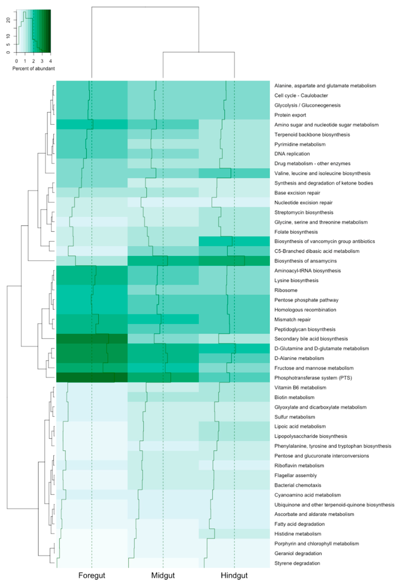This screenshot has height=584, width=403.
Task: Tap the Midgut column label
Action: point(163,575)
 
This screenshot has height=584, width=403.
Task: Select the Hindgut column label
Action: point(234,575)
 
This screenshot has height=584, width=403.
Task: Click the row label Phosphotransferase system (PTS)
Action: point(313,378)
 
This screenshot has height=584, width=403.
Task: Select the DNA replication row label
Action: point(292,154)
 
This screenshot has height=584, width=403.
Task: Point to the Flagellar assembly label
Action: point(295,476)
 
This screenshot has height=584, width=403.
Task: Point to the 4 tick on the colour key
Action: point(50,61)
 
